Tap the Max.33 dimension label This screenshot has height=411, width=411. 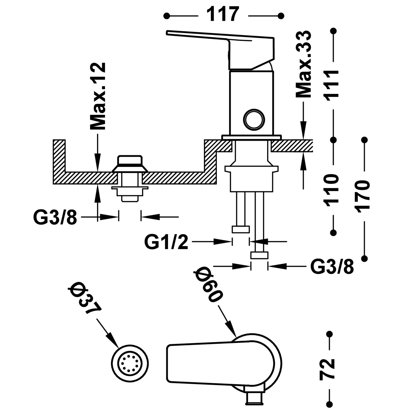tap(304, 64)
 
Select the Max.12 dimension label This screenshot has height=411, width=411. tap(98, 96)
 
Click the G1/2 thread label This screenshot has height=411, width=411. tap(166, 242)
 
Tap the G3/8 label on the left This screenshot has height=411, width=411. tap(55, 217)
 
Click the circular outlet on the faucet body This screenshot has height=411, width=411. tap(254, 119)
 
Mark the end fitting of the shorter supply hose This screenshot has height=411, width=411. tap(241, 229)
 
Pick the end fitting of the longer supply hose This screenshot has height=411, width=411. tap(259, 255)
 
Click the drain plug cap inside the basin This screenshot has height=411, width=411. tap(130, 160)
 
